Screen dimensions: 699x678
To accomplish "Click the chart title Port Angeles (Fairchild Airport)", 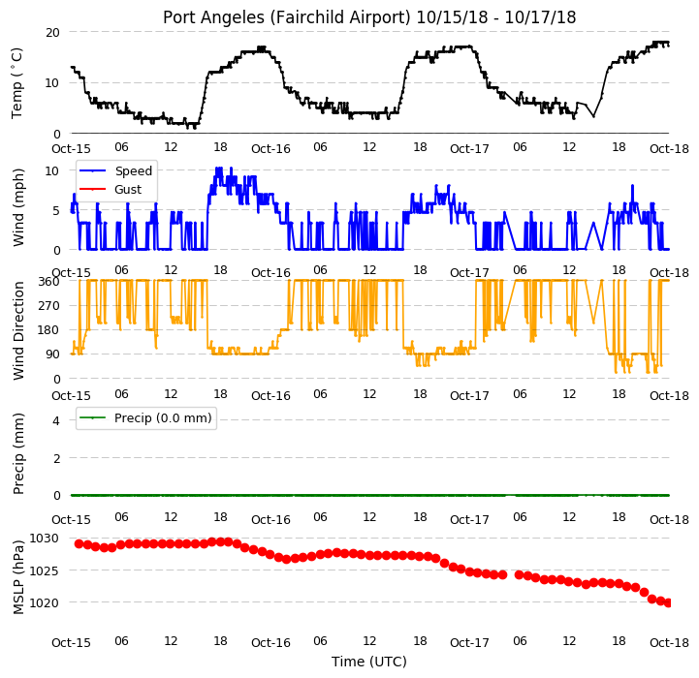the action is click(286, 17).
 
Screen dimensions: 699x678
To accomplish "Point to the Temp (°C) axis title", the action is click(16, 83).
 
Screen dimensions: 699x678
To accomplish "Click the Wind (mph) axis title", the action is click(17, 207).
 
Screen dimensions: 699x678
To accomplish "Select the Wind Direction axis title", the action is click(17, 330).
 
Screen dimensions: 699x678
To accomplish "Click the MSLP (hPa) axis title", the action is click(17, 577).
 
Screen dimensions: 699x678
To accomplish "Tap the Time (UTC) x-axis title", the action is click(369, 662).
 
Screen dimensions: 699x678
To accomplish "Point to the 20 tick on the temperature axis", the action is click(52, 33).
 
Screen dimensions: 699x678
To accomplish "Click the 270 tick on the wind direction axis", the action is click(49, 306).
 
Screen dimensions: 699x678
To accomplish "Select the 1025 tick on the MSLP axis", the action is click(44, 570).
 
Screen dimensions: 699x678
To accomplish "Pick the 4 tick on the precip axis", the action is click(56, 420).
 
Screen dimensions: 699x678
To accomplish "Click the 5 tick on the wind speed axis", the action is click(56, 210).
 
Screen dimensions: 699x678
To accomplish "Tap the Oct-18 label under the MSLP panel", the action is click(669, 643).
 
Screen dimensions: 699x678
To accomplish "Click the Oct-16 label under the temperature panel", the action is click(270, 149).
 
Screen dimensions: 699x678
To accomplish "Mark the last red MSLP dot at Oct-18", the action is click(668, 602).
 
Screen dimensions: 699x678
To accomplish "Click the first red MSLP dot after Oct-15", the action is click(79, 544).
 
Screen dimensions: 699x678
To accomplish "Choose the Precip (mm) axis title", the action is click(17, 454).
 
